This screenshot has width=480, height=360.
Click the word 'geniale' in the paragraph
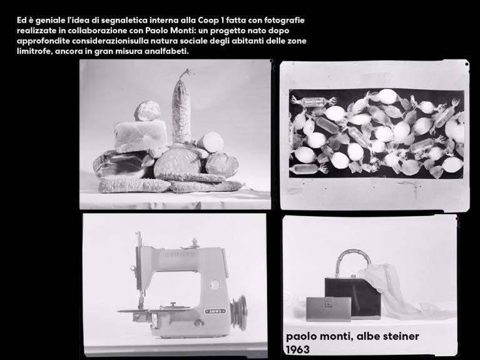point(49,20)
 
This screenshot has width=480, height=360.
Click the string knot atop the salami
point(186,73)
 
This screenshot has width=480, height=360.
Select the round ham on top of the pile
point(147,111)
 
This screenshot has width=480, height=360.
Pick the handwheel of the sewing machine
point(239,313)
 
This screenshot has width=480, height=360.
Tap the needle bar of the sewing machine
point(140,270)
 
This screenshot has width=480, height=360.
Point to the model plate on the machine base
point(215,311)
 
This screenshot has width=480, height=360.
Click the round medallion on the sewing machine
point(215,284)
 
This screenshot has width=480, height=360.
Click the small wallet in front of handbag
point(329,309)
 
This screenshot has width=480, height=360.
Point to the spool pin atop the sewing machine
point(193,242)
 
